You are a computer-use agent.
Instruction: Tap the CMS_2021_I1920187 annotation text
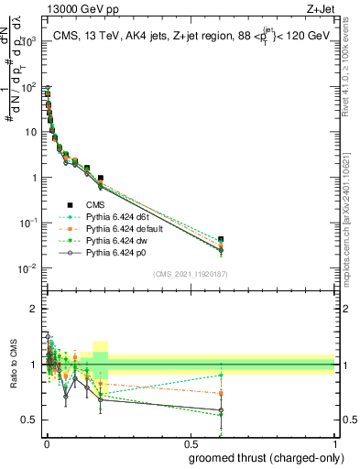(x=190, y=274)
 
